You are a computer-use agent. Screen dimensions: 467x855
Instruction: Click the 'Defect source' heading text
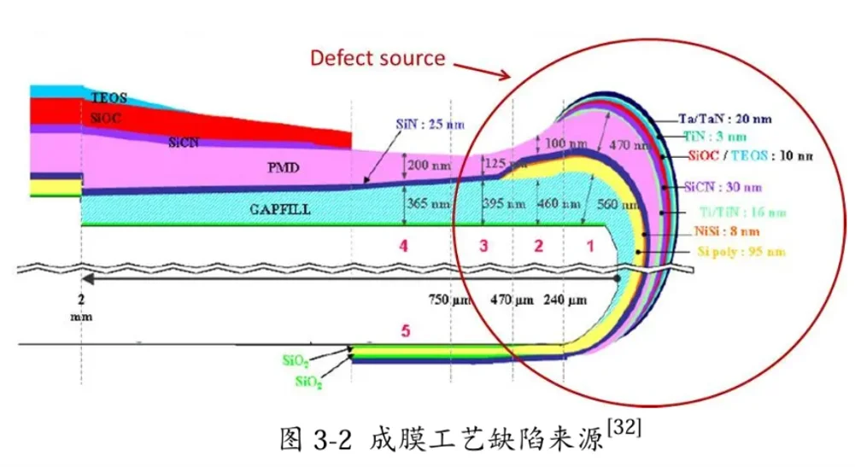[377, 58]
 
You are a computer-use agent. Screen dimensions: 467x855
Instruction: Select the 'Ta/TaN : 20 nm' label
[727, 118]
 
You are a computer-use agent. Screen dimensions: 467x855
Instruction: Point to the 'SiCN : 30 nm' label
[723, 186]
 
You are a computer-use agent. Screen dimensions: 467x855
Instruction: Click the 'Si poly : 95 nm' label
[735, 253]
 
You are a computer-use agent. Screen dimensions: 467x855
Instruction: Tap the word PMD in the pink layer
[283, 168]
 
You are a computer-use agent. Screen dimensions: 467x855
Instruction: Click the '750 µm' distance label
[449, 300]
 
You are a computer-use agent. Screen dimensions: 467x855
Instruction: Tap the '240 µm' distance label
[565, 300]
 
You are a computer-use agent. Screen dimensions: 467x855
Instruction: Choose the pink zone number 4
[402, 246]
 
